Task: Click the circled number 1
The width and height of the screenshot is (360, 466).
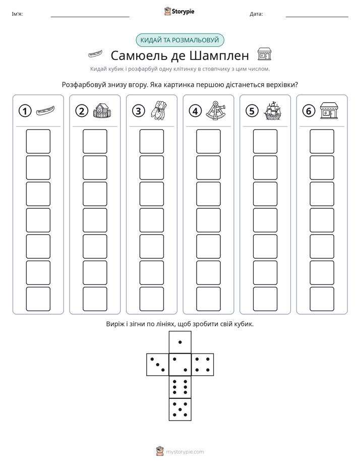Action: pos(25,111)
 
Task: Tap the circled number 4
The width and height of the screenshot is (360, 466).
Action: pos(195,111)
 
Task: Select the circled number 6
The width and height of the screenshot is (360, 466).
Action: pos(309,111)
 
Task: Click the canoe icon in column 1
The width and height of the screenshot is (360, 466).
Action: pos(45,111)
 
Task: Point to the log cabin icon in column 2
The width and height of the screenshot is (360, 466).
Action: pos(102,111)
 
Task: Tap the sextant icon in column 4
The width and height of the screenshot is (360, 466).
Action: pos(216,110)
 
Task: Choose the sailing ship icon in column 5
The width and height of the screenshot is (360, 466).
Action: pos(272,110)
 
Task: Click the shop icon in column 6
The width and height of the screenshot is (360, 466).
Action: pos(329,111)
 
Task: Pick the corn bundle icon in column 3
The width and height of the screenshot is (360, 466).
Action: pos(159,110)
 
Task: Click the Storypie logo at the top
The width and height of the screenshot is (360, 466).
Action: pos(179,12)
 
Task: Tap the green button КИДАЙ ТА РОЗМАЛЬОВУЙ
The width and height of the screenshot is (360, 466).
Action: pos(179,40)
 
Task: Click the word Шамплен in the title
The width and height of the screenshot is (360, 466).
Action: pos(219,55)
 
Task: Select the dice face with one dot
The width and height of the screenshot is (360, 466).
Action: pos(180,342)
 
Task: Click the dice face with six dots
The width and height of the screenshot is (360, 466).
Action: pos(180,387)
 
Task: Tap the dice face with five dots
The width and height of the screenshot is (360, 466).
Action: pos(180,409)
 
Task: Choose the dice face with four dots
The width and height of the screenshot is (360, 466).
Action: pos(203,365)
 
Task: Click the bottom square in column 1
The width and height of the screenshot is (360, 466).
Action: pos(38,299)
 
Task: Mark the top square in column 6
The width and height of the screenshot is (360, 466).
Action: pos(322,141)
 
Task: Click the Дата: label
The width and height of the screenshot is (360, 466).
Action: pos(256,14)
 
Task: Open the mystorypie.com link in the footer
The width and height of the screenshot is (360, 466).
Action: pos(185,452)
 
